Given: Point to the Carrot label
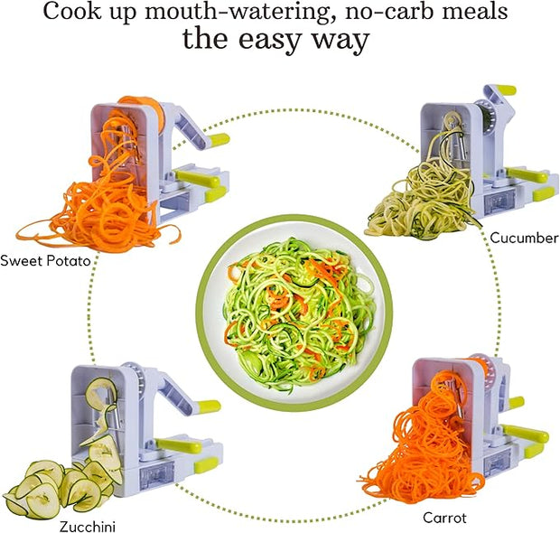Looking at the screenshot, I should tap(444, 518).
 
